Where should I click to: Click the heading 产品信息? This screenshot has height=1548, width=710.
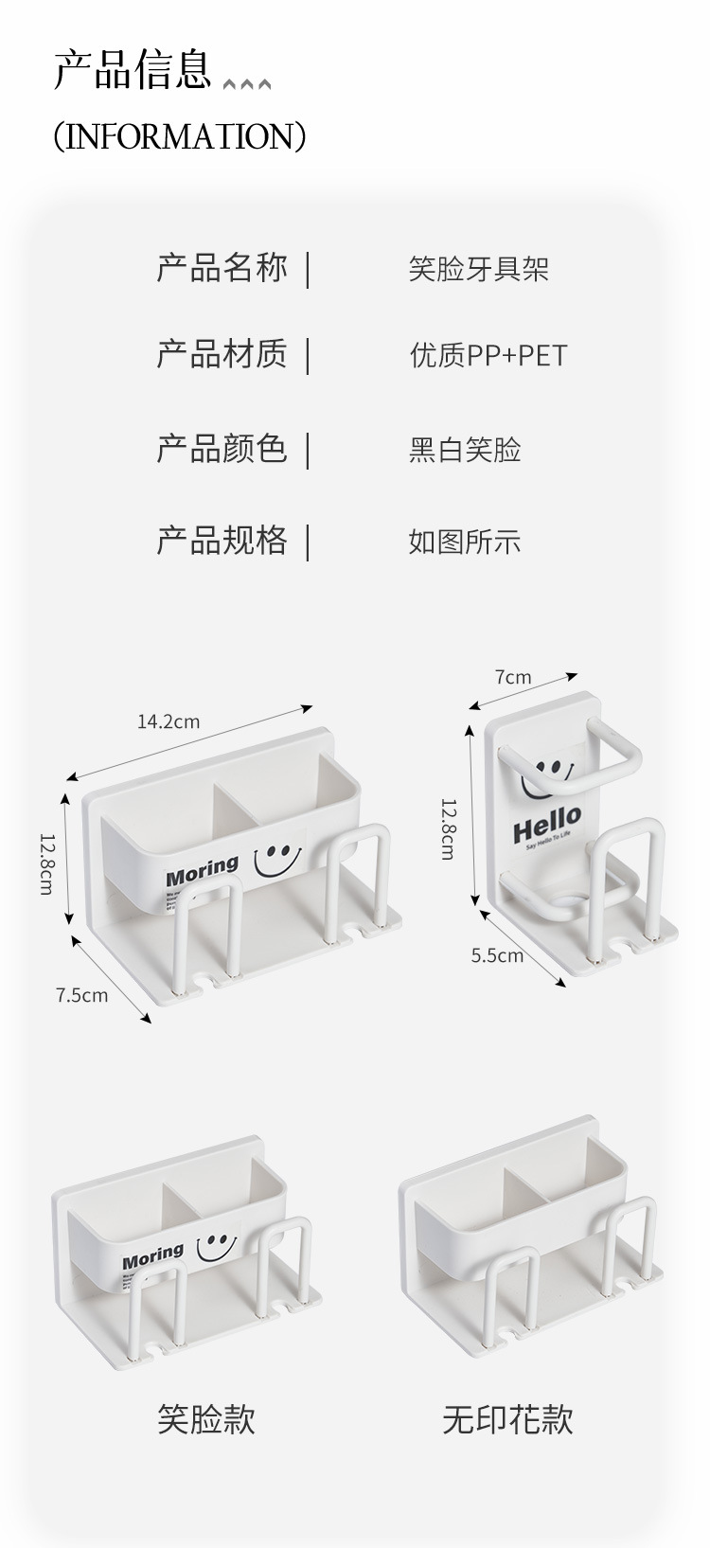click(x=132, y=72)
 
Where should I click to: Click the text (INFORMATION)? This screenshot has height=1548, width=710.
click(x=180, y=136)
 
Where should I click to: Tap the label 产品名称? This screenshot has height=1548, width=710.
click(x=222, y=268)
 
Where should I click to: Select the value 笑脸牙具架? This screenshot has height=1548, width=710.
click(x=478, y=270)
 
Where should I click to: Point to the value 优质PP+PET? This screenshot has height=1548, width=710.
click(x=488, y=356)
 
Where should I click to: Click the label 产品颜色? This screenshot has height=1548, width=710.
click(x=222, y=448)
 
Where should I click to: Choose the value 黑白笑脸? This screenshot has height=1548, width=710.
click(x=465, y=450)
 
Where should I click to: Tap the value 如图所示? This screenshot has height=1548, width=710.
click(x=465, y=542)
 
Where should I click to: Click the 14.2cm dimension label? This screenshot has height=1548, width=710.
click(x=169, y=721)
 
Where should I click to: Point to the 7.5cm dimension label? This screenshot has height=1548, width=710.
click(x=81, y=995)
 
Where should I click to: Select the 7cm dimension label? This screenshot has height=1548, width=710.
click(x=513, y=677)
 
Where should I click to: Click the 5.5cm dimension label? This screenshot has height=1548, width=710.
click(x=497, y=955)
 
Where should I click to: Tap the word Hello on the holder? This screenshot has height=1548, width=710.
click(x=547, y=821)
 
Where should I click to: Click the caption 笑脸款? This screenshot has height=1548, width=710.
click(x=205, y=1419)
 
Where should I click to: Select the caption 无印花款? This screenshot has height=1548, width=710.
click(x=507, y=1419)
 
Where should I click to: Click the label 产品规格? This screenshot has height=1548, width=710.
click(x=222, y=541)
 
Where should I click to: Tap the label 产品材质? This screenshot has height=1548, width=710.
click(x=222, y=354)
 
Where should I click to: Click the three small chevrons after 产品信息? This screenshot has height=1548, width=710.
click(x=247, y=85)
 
